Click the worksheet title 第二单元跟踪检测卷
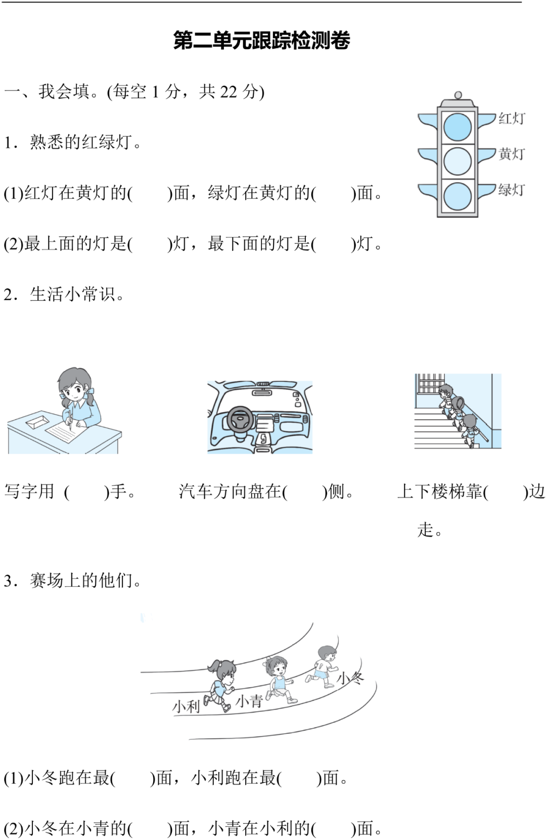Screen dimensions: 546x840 point(261,40)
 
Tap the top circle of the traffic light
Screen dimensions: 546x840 point(458,126)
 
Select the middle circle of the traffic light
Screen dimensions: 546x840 point(458,161)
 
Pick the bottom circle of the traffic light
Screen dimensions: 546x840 point(458,196)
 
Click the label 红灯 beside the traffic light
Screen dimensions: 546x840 point(512,118)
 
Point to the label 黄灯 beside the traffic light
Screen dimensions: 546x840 point(512,154)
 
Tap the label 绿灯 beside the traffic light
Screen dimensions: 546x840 point(512,189)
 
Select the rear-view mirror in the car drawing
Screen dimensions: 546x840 point(262,392)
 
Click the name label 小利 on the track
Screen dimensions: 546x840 point(186,706)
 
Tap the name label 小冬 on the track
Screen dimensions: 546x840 point(350,678)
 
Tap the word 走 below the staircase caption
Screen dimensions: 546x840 point(425,530)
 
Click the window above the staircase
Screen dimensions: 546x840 point(429,383)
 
